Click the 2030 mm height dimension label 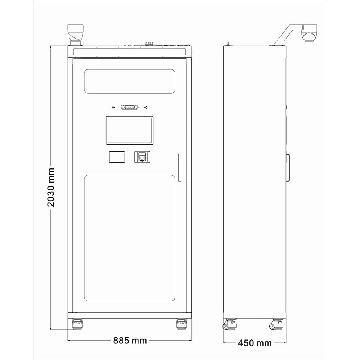(x=51, y=187)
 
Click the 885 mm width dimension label (x=130, y=341)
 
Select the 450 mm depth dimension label (x=255, y=343)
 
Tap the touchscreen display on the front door (x=130, y=130)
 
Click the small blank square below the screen (x=117, y=157)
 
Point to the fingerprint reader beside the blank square (x=142, y=157)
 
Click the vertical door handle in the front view (x=180, y=168)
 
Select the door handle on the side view (x=288, y=168)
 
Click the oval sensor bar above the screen (x=130, y=107)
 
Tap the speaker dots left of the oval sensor (x=113, y=107)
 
